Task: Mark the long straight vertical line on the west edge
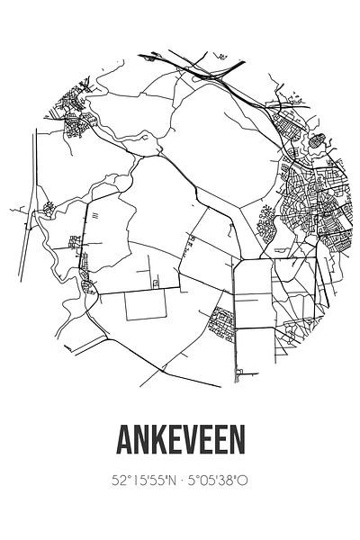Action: pos(35,180)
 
